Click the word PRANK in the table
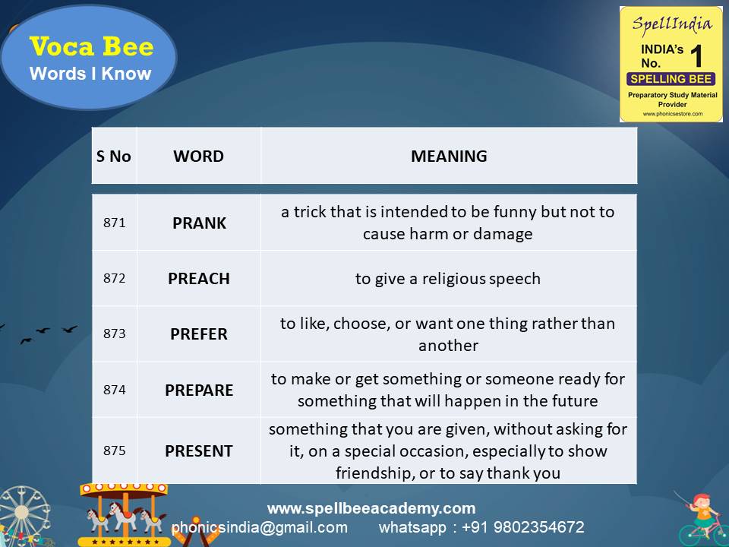[x=199, y=223]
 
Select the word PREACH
[x=199, y=279]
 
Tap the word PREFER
[x=199, y=334]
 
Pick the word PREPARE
[x=199, y=390]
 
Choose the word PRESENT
[x=199, y=451]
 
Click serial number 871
[x=114, y=223]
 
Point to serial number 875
[x=114, y=451]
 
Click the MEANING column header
[x=449, y=157]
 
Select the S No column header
[x=114, y=157]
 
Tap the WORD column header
[x=199, y=157]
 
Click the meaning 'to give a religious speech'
[x=448, y=279]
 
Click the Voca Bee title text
[x=91, y=47]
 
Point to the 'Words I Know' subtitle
[x=90, y=74]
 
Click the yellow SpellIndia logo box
[x=671, y=64]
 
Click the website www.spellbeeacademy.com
[x=371, y=508]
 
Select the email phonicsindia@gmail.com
[x=260, y=527]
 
